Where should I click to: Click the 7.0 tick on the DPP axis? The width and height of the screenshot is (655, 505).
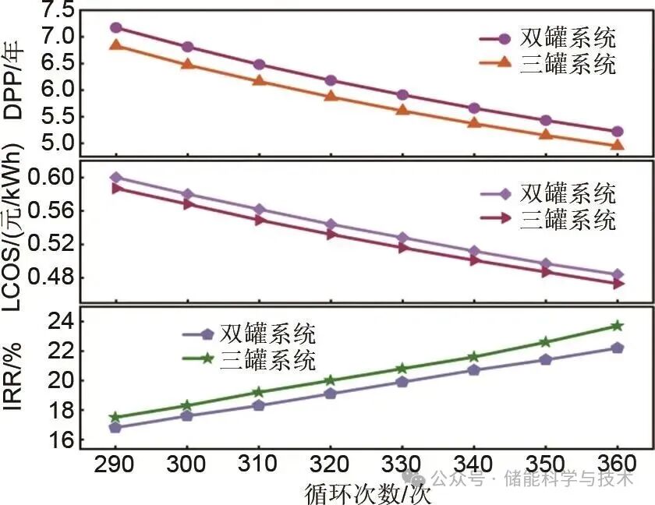(x=55, y=37)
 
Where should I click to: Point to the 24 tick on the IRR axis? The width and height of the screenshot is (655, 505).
(x=62, y=321)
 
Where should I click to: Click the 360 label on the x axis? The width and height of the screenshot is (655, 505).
(x=617, y=464)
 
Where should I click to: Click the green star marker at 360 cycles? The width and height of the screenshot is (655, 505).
(x=617, y=325)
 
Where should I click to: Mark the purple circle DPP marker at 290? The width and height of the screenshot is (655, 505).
(x=116, y=27)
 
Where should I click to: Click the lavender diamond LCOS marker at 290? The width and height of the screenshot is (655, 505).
(x=116, y=178)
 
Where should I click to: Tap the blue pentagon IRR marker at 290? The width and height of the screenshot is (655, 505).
(x=116, y=427)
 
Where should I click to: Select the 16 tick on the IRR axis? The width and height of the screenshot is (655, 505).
(x=62, y=440)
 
